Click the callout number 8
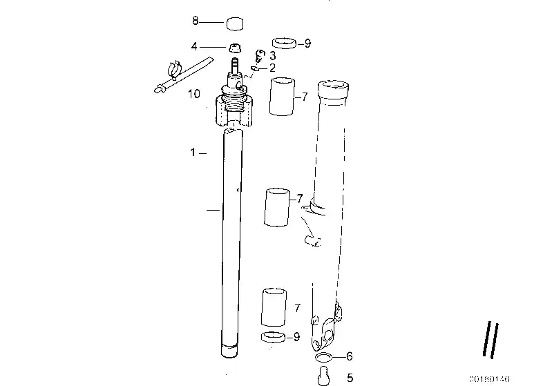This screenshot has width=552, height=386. coord(195,21)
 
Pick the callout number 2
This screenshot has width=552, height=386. coord(273,68)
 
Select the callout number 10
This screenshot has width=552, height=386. coord(194,93)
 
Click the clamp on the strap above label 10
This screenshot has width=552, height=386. coord(173,69)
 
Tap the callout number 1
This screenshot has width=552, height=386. coord(194,152)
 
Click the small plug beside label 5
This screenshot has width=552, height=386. coord(323,376)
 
